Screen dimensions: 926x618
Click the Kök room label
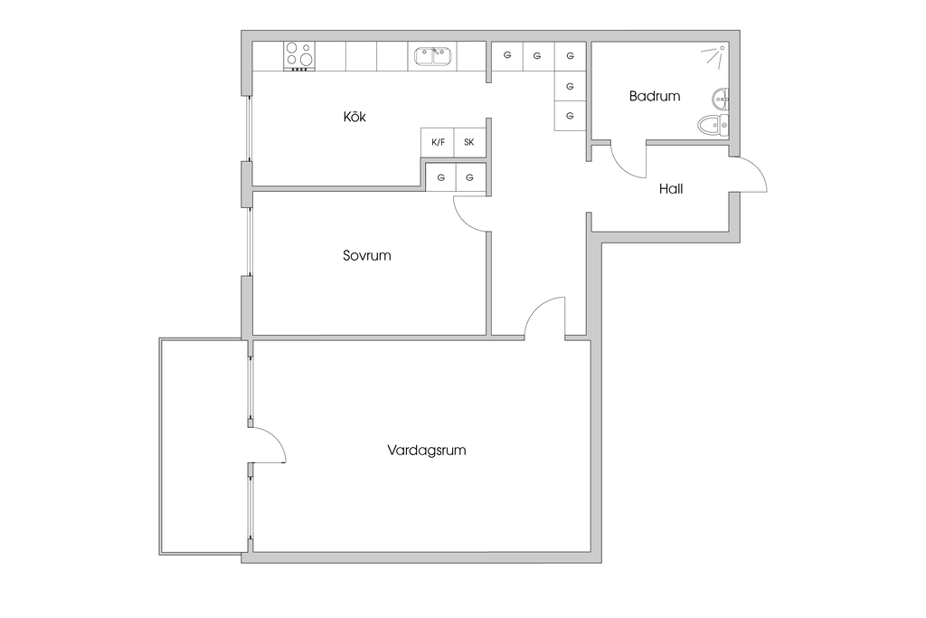click(355, 117)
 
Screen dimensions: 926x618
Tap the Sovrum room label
click(366, 255)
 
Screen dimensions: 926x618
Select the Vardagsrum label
click(426, 450)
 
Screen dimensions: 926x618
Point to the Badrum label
click(655, 96)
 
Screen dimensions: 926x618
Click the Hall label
click(671, 189)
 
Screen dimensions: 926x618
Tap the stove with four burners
click(299, 56)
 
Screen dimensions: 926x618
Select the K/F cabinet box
click(439, 142)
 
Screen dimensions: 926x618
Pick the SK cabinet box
click(469, 142)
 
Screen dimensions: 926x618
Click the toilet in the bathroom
click(712, 125)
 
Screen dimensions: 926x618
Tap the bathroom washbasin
click(721, 97)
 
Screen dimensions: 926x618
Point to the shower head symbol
click(714, 55)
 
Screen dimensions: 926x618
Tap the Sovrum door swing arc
click(468, 214)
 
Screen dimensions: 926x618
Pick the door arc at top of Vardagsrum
click(545, 317)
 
